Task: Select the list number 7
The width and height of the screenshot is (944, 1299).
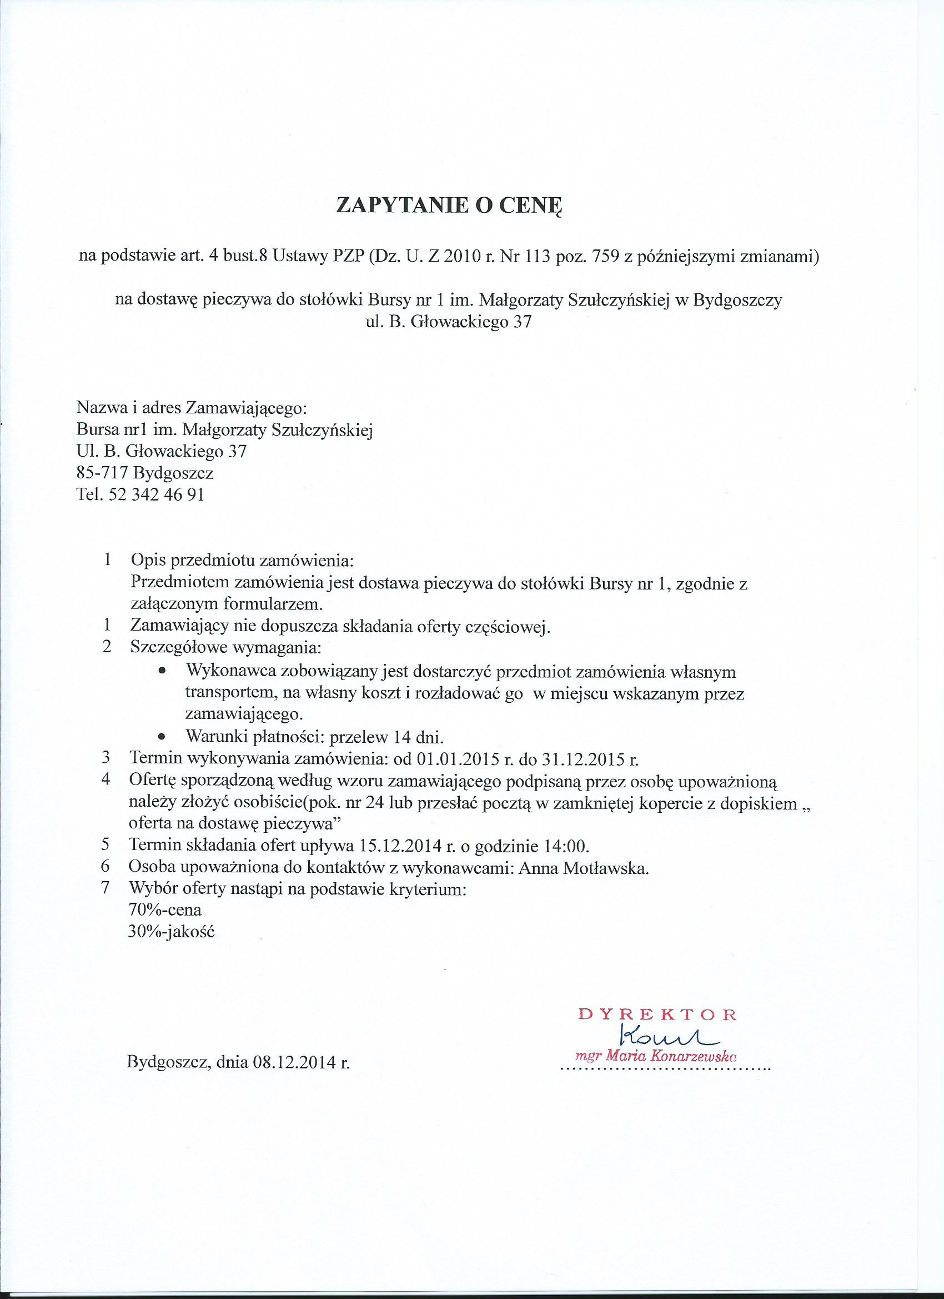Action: (x=106, y=888)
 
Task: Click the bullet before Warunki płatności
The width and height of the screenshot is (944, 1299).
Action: (x=163, y=737)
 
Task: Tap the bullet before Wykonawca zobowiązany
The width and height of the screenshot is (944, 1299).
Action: (x=163, y=671)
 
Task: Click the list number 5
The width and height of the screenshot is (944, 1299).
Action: (x=106, y=846)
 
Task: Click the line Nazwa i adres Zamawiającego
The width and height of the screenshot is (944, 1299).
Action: (x=192, y=408)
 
